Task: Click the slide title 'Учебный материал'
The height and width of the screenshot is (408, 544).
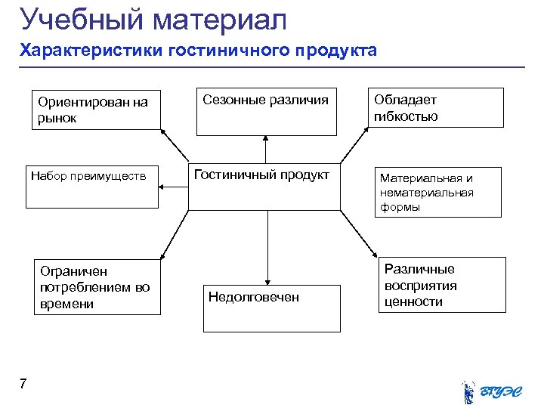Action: click(154, 20)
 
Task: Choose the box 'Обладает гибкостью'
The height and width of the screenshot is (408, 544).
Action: click(437, 108)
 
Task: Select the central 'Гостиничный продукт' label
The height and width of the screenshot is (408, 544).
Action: click(262, 175)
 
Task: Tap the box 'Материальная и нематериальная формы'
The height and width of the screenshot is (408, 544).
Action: click(437, 192)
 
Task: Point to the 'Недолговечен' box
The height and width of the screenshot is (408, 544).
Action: click(271, 308)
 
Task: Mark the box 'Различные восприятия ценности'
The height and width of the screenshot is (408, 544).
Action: click(441, 285)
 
